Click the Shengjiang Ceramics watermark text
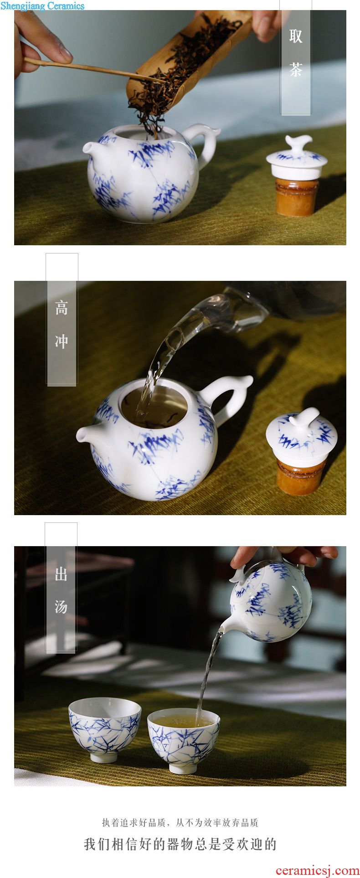[42, 6]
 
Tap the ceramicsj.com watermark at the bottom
[317, 870]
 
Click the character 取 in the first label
[296, 36]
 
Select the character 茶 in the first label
[296, 69]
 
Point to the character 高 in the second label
[62, 308]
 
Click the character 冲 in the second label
[62, 341]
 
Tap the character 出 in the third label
[61, 574]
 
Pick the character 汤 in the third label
[61, 607]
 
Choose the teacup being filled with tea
[184, 740]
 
